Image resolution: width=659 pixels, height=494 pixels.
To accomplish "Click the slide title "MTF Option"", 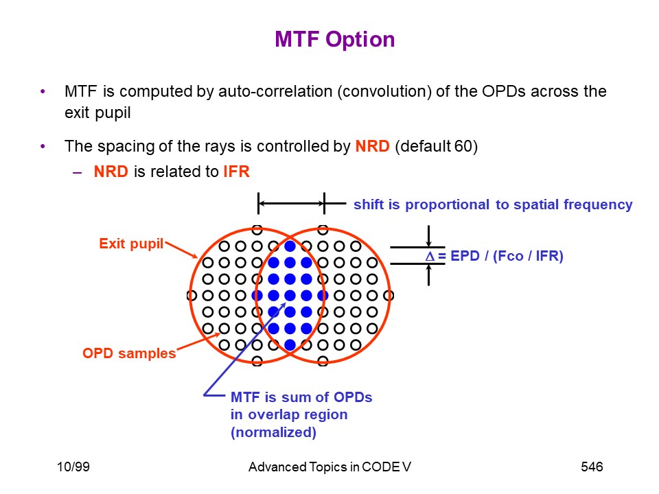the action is [x=334, y=40].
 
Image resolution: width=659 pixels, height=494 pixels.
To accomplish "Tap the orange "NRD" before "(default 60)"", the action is [x=372, y=146].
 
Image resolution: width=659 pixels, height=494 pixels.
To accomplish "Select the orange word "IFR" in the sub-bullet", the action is [x=237, y=172].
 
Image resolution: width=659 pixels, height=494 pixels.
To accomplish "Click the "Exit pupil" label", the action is [x=131, y=244].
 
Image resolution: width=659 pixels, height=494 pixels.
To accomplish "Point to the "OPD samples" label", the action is [x=129, y=353].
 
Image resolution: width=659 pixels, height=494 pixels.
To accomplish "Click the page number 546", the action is [x=592, y=467].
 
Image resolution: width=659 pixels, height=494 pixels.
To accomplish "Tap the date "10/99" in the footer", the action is [x=73, y=467].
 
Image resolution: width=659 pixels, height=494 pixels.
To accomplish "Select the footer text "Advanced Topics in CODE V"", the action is [x=329, y=467].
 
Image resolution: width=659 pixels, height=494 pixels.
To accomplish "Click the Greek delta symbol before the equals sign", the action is [x=430, y=256].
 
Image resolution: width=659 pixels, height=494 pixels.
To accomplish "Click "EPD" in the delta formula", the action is [x=465, y=256].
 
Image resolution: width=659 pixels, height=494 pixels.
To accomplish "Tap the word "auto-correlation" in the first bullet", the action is [x=275, y=91].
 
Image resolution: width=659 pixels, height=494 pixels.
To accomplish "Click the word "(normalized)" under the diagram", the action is [x=273, y=432].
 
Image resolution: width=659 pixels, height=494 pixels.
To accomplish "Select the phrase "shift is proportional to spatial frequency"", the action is [x=493, y=204].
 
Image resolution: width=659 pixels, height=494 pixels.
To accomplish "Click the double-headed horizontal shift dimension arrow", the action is [x=291, y=204].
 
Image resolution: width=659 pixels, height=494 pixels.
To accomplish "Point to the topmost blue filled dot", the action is [x=290, y=246].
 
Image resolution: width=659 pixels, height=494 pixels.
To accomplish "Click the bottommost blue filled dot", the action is [x=290, y=345].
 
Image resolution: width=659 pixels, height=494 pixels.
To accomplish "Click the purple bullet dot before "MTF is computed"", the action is [x=43, y=91].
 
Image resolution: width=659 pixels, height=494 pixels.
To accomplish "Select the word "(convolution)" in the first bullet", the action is [x=384, y=91].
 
